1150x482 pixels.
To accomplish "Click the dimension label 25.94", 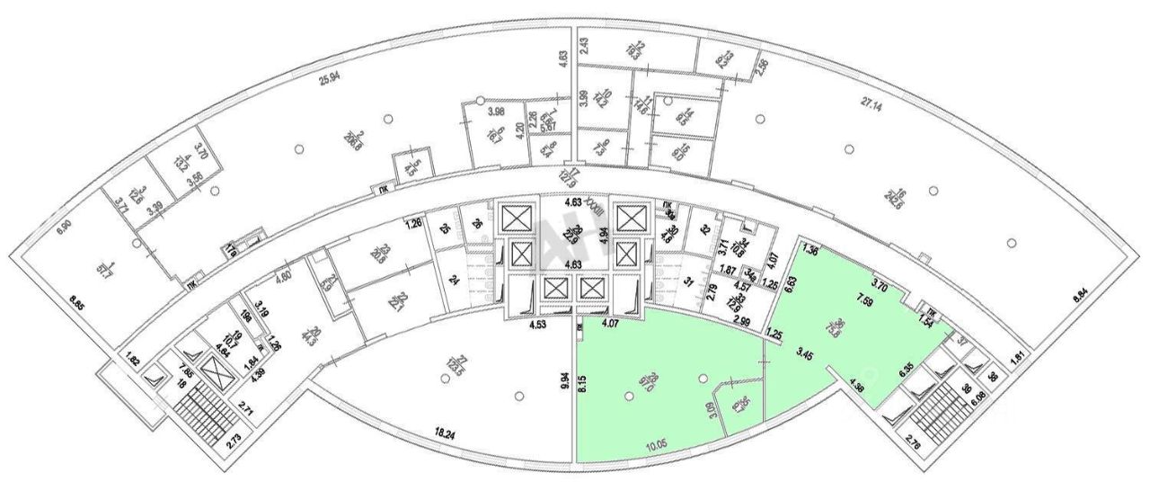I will (330, 77).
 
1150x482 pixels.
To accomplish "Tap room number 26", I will (477, 224).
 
